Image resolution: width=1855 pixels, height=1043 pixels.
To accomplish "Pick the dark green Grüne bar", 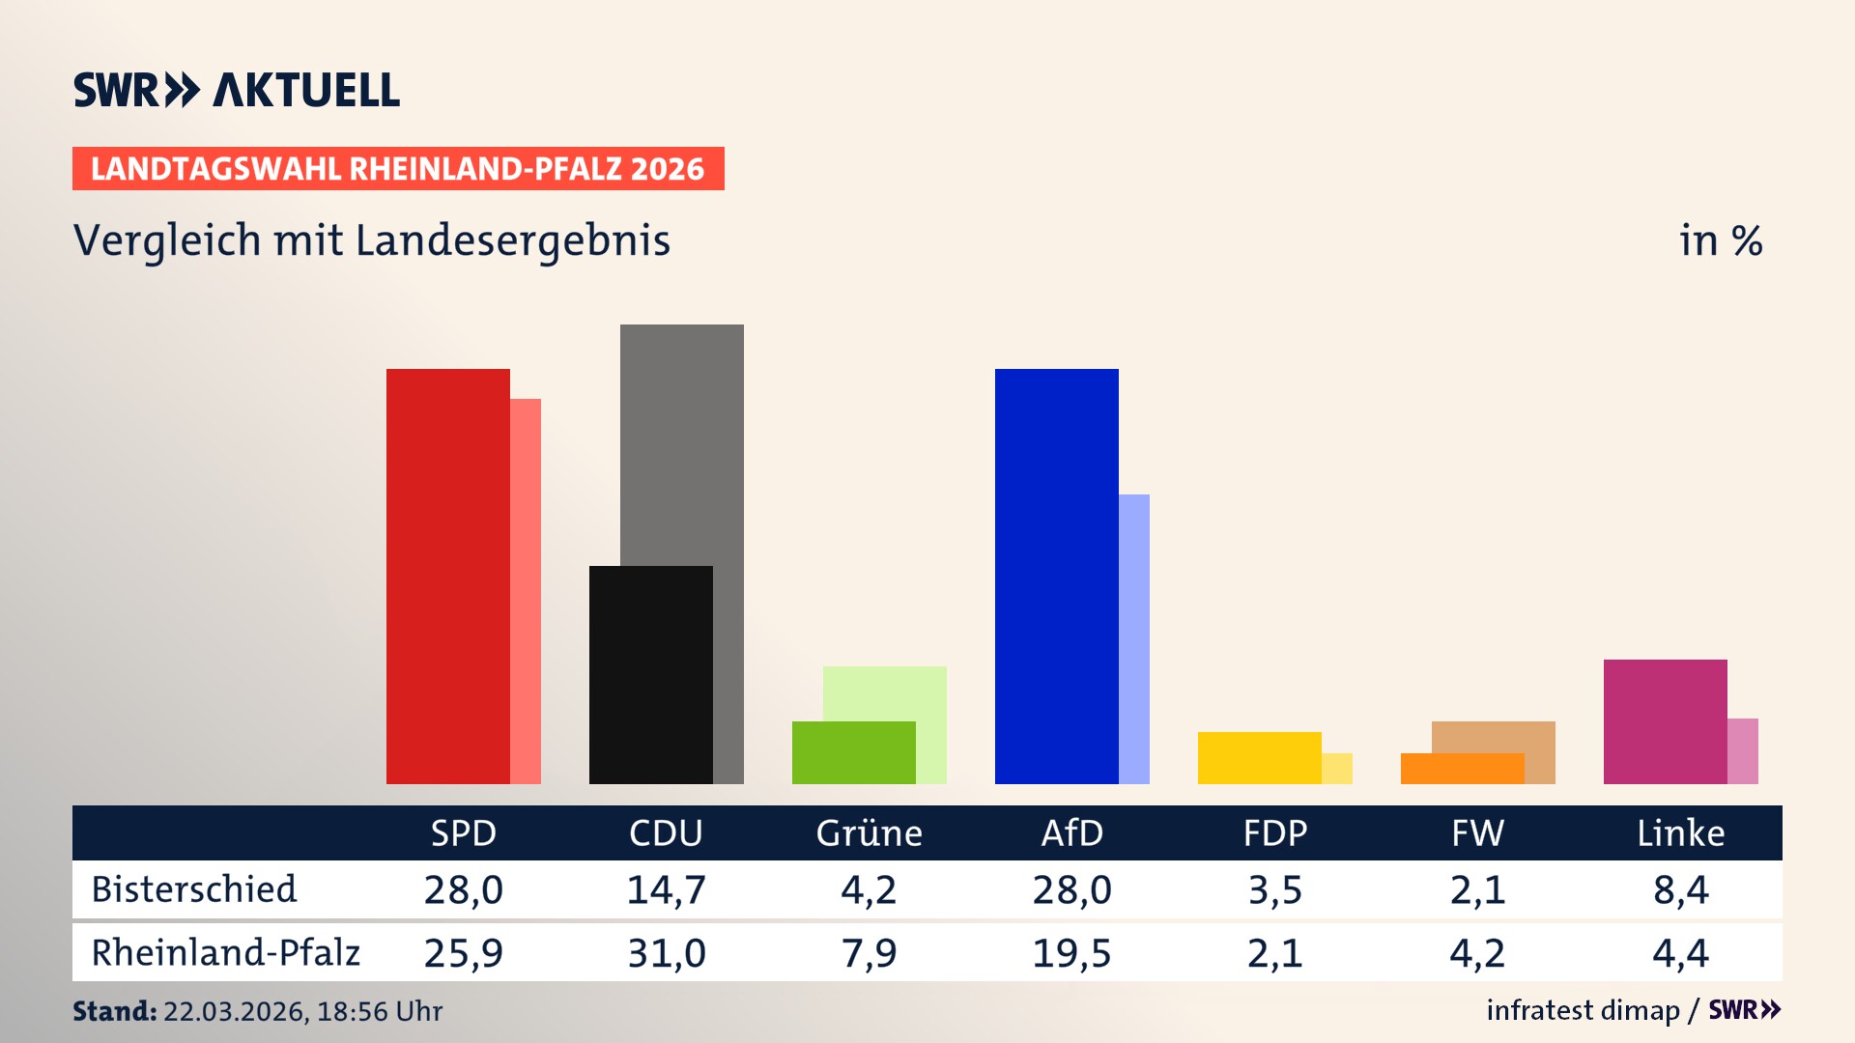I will click(853, 752).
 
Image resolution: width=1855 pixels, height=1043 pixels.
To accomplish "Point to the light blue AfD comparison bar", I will click(1134, 637).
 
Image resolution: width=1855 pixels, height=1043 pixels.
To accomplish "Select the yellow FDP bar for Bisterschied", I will click(1259, 757).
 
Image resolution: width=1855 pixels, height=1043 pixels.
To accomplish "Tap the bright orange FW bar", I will click(1462, 769).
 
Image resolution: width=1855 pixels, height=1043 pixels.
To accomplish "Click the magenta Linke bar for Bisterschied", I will click(1665, 721).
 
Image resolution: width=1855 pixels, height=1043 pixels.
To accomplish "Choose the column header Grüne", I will click(869, 832).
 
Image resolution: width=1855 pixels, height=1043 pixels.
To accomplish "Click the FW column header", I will click(1477, 832).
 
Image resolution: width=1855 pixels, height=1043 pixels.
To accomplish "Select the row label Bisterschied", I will click(194, 889).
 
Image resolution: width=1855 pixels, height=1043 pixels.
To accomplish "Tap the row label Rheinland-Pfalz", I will click(225, 952).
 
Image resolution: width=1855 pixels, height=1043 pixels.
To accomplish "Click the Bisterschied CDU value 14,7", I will click(666, 889).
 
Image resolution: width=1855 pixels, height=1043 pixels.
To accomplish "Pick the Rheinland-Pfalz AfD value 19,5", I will click(1071, 953).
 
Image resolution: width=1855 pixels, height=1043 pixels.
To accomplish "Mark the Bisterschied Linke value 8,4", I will click(1680, 889).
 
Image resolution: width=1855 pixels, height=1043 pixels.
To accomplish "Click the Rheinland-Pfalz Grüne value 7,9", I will click(869, 953).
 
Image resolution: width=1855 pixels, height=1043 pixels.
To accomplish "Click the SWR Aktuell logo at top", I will click(237, 90).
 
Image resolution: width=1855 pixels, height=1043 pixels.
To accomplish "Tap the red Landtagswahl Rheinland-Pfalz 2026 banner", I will click(398, 168).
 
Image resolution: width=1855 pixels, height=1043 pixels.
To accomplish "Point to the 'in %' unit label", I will click(1721, 240).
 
